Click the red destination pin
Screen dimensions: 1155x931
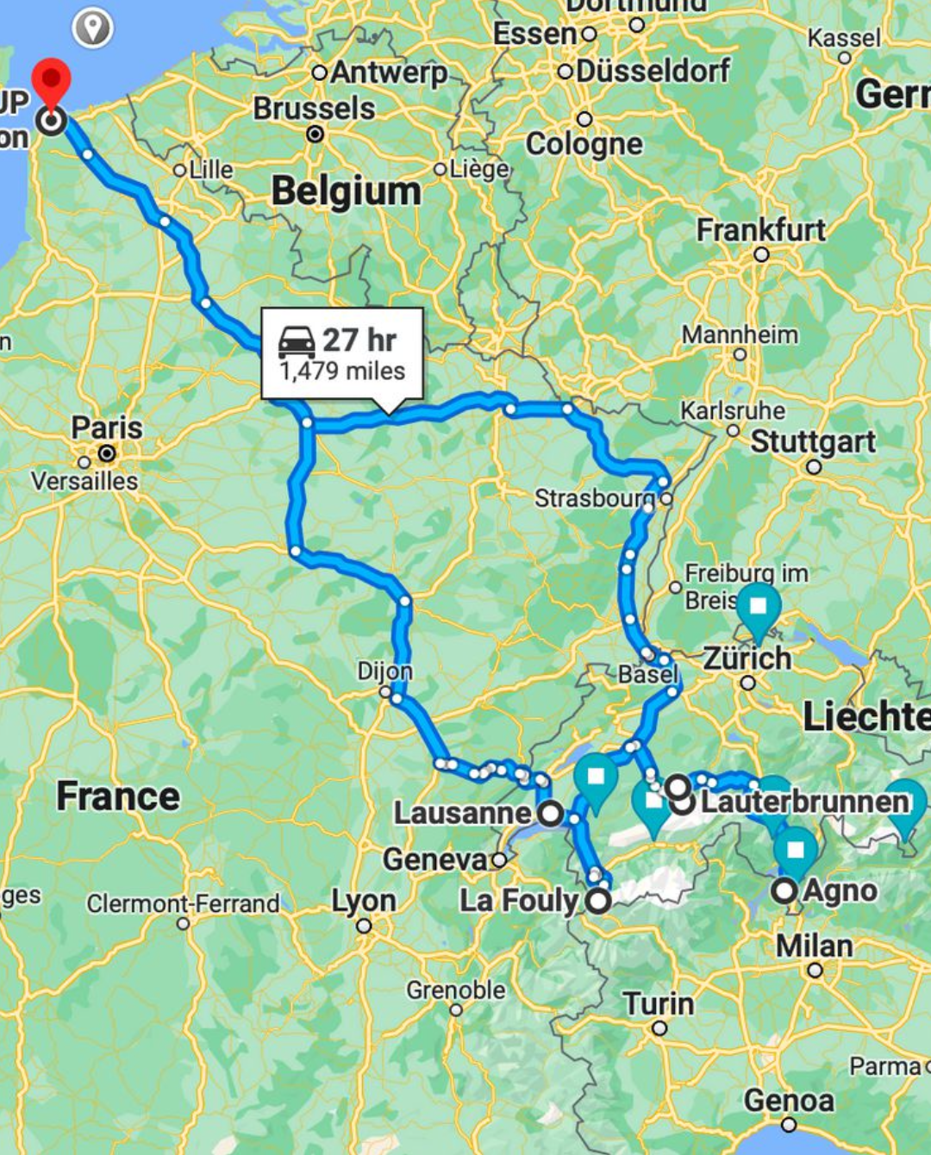point(51,79)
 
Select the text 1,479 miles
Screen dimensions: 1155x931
point(342,371)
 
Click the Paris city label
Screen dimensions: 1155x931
point(107,428)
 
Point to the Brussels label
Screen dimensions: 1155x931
point(314,109)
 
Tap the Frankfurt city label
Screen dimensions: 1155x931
point(760,230)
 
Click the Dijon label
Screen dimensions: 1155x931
point(384,671)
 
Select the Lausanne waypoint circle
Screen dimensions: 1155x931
point(551,813)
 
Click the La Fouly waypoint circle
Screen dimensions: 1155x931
point(598,902)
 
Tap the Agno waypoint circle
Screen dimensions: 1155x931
point(784,890)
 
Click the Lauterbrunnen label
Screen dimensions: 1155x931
point(804,802)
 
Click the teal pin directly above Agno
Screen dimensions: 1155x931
point(795,851)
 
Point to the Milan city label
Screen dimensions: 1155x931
point(814,946)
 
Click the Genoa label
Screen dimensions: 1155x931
point(789,1101)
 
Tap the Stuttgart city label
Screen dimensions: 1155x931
point(812,441)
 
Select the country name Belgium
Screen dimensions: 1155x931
point(346,191)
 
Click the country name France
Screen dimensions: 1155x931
point(118,796)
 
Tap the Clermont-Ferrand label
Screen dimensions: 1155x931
point(183,903)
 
